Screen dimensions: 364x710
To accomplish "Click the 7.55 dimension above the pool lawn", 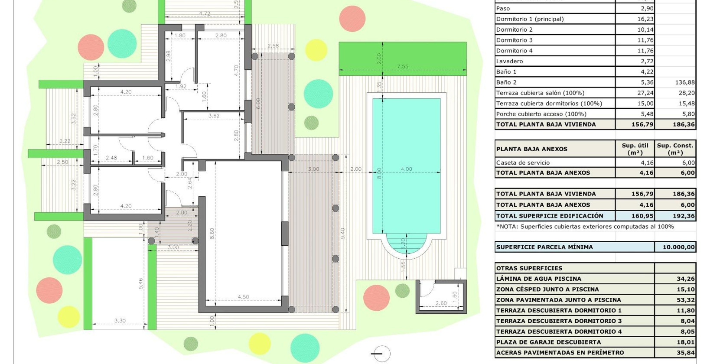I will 402,67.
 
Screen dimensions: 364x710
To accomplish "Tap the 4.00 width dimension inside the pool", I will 406,169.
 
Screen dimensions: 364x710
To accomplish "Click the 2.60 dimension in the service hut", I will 441,303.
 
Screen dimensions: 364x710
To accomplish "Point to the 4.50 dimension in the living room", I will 243,297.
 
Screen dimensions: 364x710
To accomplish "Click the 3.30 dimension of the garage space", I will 120,321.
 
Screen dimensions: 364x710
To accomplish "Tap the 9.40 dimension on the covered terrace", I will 343,234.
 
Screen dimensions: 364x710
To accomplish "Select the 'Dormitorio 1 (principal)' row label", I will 530,19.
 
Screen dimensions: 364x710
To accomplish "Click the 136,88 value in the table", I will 685,82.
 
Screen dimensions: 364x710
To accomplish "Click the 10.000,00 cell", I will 678,247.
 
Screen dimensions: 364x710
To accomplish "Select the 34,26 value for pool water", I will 685,279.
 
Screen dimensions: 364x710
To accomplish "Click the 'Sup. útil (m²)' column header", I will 635,149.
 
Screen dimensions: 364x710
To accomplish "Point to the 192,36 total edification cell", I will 684,216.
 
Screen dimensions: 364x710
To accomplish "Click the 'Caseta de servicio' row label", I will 523,162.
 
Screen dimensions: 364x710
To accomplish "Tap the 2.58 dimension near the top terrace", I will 273,45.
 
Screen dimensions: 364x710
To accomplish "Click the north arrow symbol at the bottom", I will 381,354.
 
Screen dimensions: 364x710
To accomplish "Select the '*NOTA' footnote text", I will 585,227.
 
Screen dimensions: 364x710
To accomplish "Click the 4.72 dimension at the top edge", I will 205,14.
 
